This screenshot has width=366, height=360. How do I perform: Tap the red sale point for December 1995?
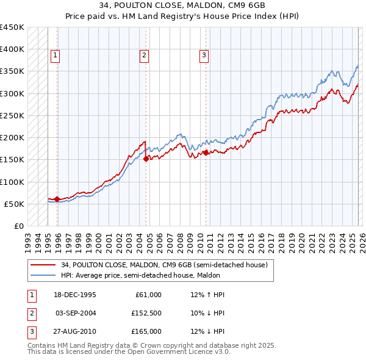coord(57,198)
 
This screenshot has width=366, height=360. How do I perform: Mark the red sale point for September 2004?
coord(146,158)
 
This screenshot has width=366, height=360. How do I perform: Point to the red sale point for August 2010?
coord(206,153)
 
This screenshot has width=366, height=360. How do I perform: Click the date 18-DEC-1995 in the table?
coord(74,295)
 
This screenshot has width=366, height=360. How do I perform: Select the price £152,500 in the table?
coord(146,313)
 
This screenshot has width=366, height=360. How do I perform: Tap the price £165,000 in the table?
coord(146,331)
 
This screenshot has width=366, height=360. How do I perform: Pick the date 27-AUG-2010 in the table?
coord(74,331)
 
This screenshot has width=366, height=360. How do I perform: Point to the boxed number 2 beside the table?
coord(31,313)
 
